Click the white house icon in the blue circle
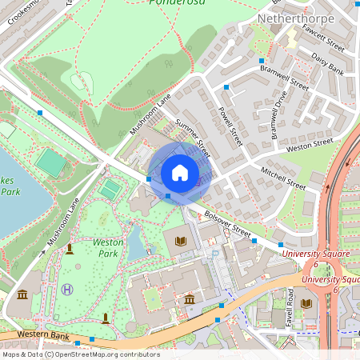[180, 173]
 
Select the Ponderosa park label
[175, 2]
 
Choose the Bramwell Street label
[284, 78]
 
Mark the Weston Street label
[310, 145]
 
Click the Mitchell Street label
[283, 178]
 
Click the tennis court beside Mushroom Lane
[110, 190]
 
